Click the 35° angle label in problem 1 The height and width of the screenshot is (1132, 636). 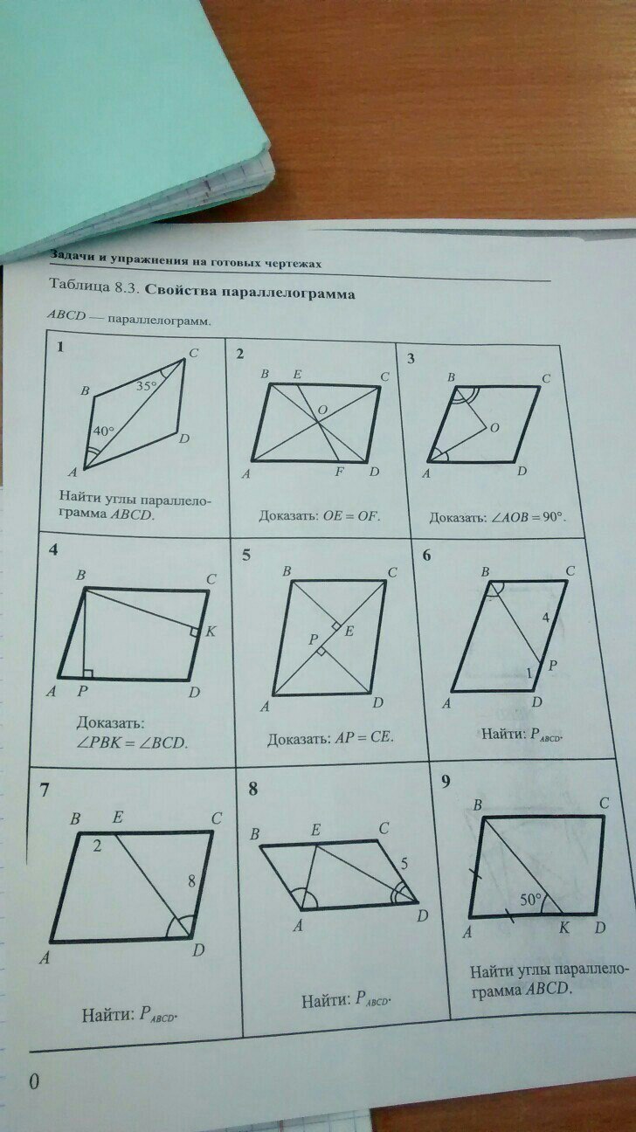[147, 387]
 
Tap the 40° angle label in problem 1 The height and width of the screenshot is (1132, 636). [104, 431]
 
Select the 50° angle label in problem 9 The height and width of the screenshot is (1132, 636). [530, 899]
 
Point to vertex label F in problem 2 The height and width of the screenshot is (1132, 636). [339, 473]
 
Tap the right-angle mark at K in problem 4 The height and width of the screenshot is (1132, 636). [195, 632]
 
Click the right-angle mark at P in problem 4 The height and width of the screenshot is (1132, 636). [88, 673]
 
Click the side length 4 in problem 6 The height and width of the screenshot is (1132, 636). [544, 617]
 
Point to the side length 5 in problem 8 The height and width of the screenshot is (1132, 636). [404, 863]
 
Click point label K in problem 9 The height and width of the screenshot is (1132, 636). [563, 928]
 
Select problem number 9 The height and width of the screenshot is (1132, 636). [446, 783]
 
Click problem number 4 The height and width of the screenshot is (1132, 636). [52, 549]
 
